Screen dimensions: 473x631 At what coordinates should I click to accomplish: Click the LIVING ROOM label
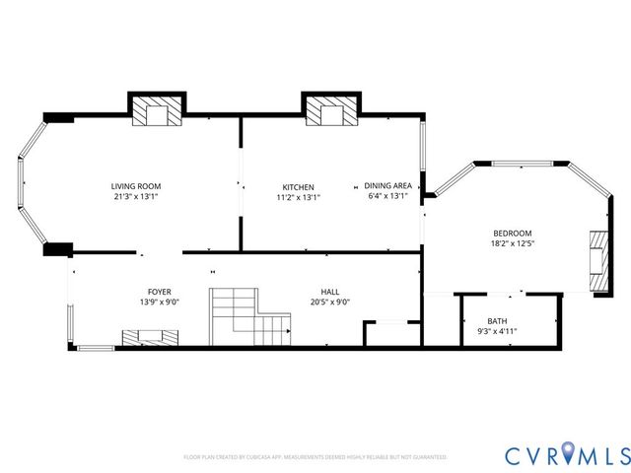(136, 186)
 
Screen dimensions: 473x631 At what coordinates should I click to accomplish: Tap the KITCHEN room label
(298, 187)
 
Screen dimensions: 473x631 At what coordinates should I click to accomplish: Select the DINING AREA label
(387, 185)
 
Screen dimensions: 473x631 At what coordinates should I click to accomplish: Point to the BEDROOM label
(512, 233)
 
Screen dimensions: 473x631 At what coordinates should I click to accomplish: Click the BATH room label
(497, 321)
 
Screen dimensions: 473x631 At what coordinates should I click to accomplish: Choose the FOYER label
(159, 292)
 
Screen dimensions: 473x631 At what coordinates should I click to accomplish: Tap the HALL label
(330, 292)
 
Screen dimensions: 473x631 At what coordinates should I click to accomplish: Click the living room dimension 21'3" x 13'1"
(136, 197)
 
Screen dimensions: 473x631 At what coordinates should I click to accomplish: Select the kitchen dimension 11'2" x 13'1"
(298, 197)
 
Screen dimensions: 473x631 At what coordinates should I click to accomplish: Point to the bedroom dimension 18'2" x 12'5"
(512, 243)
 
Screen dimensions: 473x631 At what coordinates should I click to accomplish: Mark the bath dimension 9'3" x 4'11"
(497, 332)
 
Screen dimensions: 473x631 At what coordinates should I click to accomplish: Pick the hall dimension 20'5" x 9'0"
(330, 303)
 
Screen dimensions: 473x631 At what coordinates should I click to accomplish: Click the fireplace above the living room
(157, 111)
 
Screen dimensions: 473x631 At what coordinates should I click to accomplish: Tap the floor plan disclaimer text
(315, 457)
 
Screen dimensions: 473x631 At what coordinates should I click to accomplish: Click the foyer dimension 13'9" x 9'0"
(159, 303)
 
